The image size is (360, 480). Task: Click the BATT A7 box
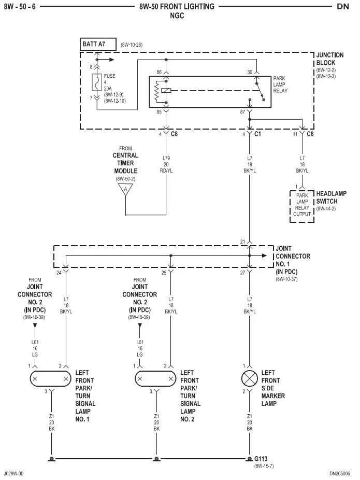click(98, 44)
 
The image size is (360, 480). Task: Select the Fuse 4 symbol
click(97, 82)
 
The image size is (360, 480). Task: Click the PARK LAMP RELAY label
click(280, 84)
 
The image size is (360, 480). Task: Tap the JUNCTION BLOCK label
click(330, 59)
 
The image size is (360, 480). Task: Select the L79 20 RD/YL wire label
click(166, 164)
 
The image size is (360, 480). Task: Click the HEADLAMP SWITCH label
click(331, 197)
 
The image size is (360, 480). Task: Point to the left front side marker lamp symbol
click(250, 379)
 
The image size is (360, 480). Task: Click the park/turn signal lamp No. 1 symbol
click(50, 379)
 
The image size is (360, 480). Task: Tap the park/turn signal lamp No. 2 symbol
click(155, 379)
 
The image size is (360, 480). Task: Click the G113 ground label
click(261, 459)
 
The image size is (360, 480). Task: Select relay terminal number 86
click(159, 72)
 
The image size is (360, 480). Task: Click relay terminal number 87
click(242, 112)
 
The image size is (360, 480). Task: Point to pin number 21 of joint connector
click(242, 242)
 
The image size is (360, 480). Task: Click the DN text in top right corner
click(343, 6)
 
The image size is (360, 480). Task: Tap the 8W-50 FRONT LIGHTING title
click(177, 6)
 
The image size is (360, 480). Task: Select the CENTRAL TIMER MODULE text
click(125, 163)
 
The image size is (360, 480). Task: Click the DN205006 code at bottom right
click(339, 474)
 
